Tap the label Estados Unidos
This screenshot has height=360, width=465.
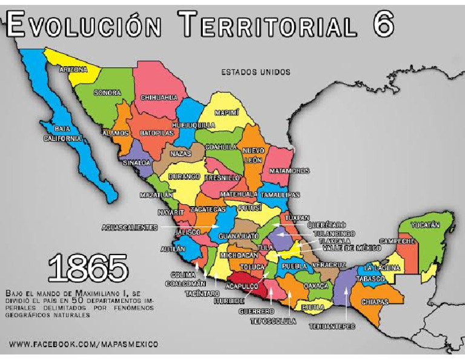(x=255, y=72)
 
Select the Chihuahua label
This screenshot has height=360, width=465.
(x=159, y=97)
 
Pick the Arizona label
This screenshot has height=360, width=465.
(x=73, y=70)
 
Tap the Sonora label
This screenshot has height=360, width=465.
(x=107, y=93)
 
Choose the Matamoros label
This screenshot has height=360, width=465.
(x=289, y=171)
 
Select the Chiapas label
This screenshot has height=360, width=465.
(x=375, y=302)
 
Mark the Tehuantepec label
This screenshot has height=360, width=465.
(x=331, y=327)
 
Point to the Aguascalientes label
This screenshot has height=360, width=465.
(x=130, y=227)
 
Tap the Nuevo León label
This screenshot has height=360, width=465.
(x=252, y=155)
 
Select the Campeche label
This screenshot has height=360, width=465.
(x=397, y=241)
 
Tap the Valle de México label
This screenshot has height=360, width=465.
(x=348, y=248)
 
